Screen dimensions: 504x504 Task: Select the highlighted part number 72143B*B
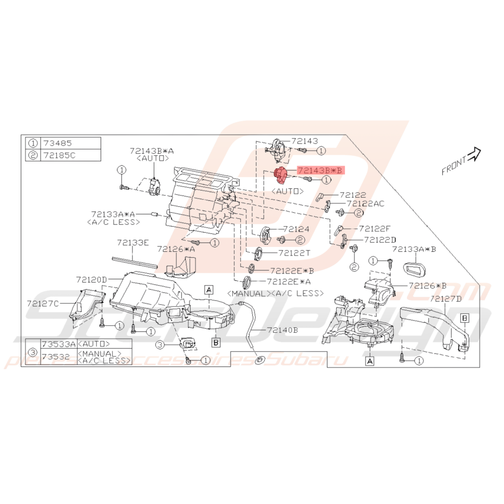320,170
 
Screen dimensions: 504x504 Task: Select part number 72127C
45,303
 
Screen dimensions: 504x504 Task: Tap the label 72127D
447,299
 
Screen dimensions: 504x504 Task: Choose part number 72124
296,230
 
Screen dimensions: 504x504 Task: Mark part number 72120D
91,279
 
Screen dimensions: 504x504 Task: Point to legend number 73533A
59,344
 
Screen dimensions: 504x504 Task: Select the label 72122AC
365,204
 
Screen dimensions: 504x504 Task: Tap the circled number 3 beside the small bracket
160,344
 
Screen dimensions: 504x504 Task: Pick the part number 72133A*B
415,250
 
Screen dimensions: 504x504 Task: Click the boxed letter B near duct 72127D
464,318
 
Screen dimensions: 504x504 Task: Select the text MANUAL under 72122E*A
247,293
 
